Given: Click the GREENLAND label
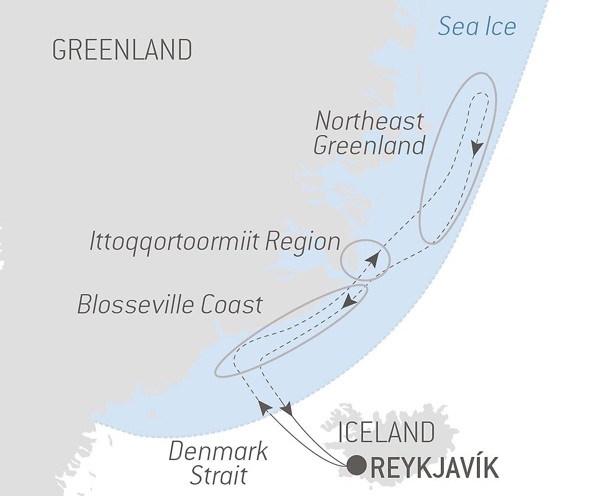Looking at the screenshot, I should (x=122, y=50).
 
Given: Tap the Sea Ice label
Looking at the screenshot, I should (x=476, y=26).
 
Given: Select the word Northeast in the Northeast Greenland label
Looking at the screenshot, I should (x=369, y=121).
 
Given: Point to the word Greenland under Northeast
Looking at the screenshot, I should (x=369, y=145).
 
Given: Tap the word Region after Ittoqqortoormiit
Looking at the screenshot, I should (x=303, y=242).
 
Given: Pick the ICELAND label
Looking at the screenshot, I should (x=387, y=432).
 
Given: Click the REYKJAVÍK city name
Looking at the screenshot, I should (x=435, y=468).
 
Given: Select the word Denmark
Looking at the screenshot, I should (x=218, y=452).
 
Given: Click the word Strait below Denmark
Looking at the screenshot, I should (x=218, y=475).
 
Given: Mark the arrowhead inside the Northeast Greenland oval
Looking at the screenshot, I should (x=476, y=148).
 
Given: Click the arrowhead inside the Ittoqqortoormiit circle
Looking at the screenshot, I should (x=372, y=260).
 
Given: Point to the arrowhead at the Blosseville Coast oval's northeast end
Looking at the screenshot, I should (x=349, y=301).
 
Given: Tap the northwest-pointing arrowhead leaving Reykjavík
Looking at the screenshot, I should (x=264, y=407).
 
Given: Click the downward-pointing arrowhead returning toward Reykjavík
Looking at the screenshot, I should (x=287, y=409).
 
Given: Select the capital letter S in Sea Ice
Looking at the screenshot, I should (x=445, y=26).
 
